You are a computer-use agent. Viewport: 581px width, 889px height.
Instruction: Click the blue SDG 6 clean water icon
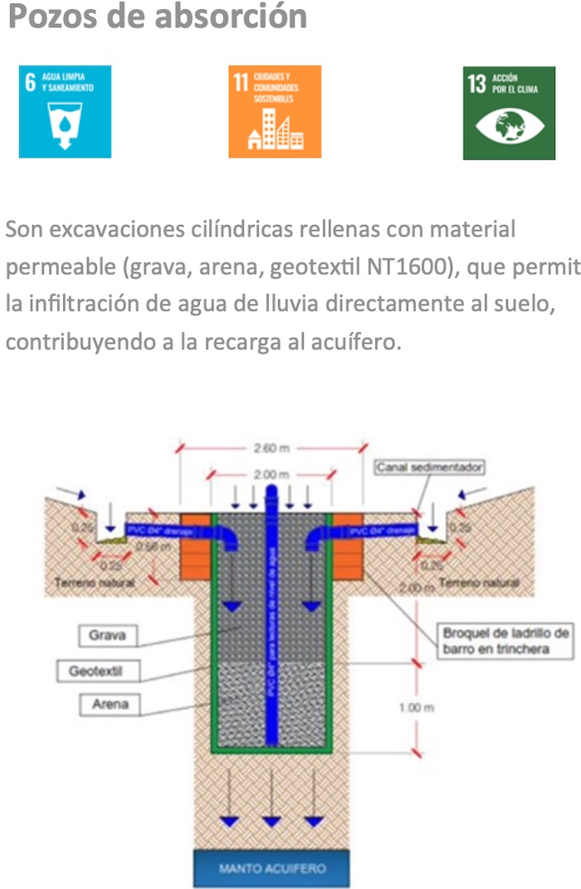coord(65,112)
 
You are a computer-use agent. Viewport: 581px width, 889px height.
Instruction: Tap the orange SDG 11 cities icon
coord(275,112)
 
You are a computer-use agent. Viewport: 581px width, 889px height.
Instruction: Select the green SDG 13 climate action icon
coord(509,113)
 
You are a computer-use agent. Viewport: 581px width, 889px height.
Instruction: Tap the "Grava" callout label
coord(109,637)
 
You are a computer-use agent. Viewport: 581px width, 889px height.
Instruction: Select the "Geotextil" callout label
coord(109,671)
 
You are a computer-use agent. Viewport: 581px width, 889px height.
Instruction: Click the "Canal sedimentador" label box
coord(430,468)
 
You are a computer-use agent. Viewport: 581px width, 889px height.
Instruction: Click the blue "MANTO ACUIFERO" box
coord(272,869)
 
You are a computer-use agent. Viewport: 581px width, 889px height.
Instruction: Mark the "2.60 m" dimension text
coord(271,448)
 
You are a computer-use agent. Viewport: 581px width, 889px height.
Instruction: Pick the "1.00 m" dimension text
coord(415,708)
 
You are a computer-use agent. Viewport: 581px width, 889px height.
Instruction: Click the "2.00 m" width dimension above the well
coord(271,475)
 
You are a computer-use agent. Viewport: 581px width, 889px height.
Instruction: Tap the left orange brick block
coord(195,547)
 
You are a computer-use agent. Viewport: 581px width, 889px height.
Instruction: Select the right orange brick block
coord(347,547)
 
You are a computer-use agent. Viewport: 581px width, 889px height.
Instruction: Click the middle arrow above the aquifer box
coord(271,821)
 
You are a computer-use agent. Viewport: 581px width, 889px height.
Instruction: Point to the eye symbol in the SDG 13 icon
coord(509,126)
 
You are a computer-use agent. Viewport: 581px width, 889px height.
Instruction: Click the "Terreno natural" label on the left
coord(94,583)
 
